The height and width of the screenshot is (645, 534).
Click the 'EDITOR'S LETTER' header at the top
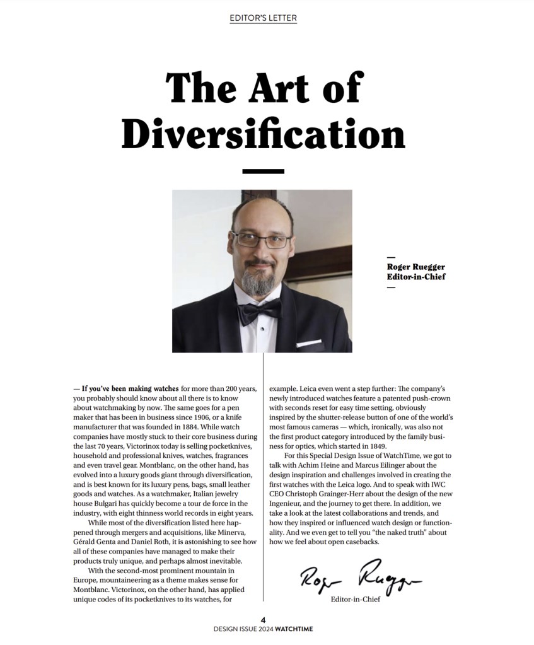[x=263, y=18]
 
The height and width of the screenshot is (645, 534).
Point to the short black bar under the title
[x=263, y=171]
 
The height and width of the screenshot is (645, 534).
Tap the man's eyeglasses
[x=260, y=240]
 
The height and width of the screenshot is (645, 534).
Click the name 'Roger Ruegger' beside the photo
[x=415, y=267]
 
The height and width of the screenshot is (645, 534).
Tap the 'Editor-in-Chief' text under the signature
[x=355, y=599]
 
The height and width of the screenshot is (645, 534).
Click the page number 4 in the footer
[x=263, y=620]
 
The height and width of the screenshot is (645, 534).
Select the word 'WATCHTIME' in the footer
[x=294, y=629]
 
